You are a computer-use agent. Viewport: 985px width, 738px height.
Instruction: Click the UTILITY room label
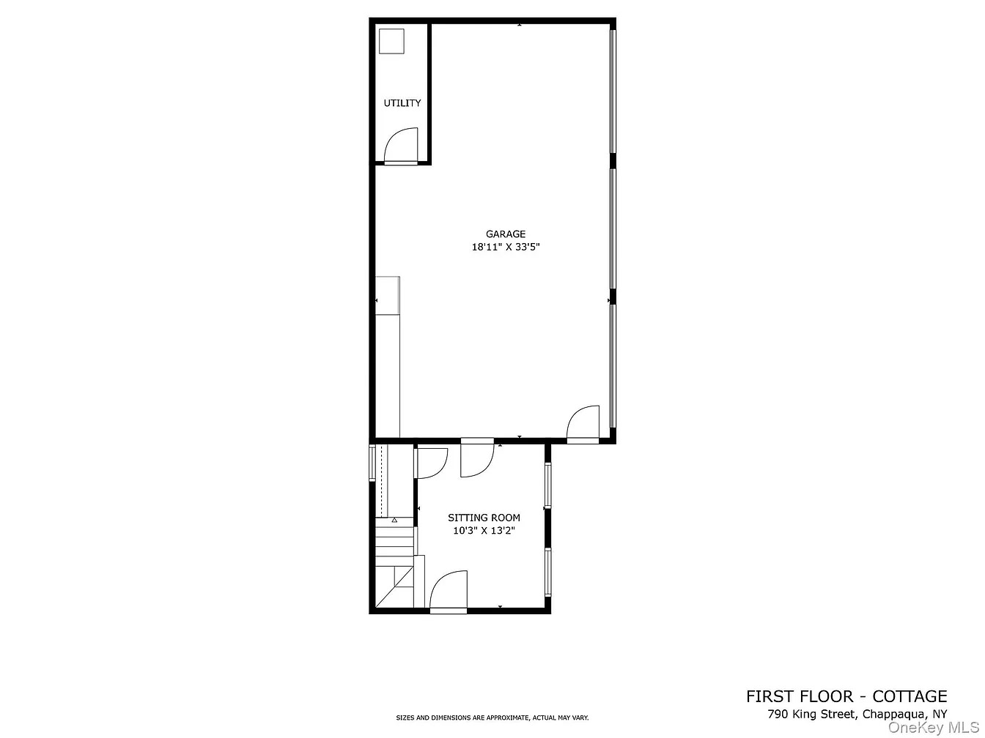click(402, 103)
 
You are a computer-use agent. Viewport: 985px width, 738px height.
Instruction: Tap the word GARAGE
click(505, 234)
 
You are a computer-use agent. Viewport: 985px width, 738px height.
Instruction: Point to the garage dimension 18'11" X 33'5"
click(505, 247)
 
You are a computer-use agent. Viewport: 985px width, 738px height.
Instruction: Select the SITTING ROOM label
click(484, 518)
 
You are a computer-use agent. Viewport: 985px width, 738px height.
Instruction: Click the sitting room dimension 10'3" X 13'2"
click(484, 531)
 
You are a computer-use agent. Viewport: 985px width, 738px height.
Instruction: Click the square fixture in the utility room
click(391, 42)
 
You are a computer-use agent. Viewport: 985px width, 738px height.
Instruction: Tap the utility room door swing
click(401, 146)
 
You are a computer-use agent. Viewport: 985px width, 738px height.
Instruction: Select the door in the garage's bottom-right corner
click(583, 424)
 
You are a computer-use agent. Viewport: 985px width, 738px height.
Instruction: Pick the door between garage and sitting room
click(477, 458)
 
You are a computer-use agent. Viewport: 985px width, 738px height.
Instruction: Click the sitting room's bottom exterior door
click(449, 592)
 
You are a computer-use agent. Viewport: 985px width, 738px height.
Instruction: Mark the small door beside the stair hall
click(431, 463)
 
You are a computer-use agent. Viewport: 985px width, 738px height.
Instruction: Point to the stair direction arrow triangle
click(394, 521)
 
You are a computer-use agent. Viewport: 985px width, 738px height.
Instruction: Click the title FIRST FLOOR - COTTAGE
click(846, 696)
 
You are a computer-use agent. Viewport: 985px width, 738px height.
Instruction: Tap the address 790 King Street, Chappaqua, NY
click(857, 714)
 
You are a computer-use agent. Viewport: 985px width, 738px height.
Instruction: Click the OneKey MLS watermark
click(934, 727)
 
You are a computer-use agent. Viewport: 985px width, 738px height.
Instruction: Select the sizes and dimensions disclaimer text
click(492, 717)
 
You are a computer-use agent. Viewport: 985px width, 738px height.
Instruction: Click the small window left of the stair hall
click(372, 463)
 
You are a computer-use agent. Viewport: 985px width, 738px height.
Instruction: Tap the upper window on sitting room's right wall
click(547, 485)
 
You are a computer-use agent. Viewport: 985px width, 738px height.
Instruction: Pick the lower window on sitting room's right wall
click(547, 572)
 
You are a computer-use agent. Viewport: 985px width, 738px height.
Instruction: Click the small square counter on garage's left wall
click(387, 296)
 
